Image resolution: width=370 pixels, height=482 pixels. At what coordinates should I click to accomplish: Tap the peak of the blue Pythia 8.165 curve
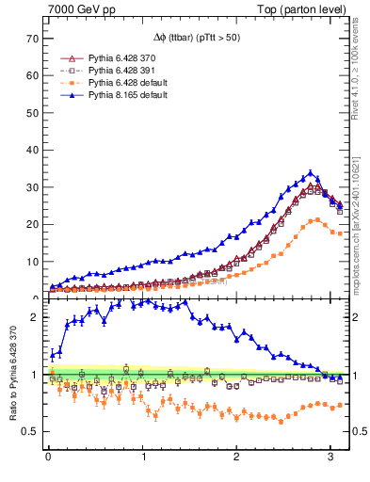click(311, 173)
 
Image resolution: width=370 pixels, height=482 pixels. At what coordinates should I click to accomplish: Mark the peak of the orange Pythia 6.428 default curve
click(317, 220)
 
